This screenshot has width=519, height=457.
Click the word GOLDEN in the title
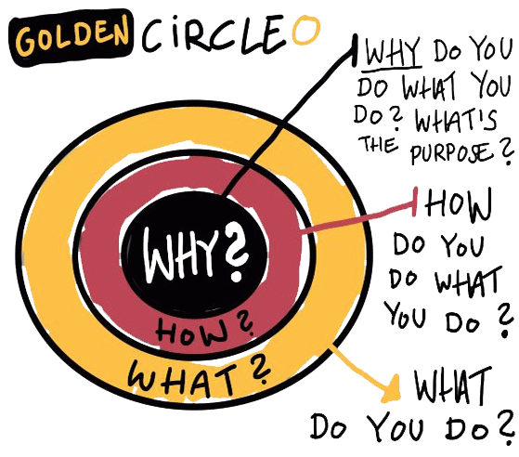pyautogui.click(x=71, y=38)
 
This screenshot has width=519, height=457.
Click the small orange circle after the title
pyautogui.click(x=306, y=31)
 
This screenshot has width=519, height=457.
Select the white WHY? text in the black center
pyautogui.click(x=196, y=254)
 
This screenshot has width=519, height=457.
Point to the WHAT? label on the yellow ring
pyautogui.click(x=200, y=376)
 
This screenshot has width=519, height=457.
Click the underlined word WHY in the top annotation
pyautogui.click(x=393, y=52)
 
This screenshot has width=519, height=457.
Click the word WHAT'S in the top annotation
pyautogui.click(x=456, y=119)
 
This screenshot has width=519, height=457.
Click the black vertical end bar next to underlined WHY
pyautogui.click(x=355, y=49)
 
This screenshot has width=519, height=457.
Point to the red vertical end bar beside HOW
pyautogui.click(x=415, y=202)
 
